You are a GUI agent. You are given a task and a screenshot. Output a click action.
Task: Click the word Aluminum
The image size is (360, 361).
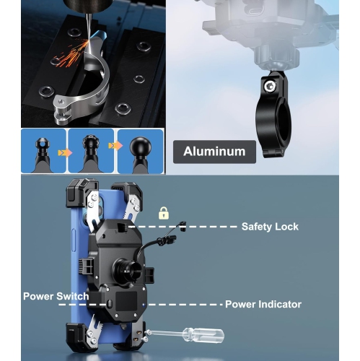pyautogui.click(x=214, y=152)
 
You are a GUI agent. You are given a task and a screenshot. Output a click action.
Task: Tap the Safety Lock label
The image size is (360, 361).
pyautogui.click(x=270, y=227)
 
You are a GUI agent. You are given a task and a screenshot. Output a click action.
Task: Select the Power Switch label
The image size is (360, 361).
pyautogui.click(x=56, y=296)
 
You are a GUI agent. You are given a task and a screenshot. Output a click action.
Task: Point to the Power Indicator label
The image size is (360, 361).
pyautogui.click(x=263, y=305)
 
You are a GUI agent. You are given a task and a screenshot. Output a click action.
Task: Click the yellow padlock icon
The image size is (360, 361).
pyautogui.click(x=164, y=213)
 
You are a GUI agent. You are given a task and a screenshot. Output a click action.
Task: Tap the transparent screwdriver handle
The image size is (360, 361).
pyautogui.click(x=203, y=335)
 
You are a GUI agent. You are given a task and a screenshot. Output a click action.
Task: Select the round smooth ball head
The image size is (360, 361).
pyautogui.click(x=141, y=146)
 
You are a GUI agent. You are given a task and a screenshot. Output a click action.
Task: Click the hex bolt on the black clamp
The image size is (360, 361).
pyautogui.click(x=270, y=86)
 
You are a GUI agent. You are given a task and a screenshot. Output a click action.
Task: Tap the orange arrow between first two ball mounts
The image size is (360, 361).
pyautogui.click(x=65, y=153)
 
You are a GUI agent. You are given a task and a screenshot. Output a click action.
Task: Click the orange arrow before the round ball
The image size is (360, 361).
pyautogui.click(x=115, y=146)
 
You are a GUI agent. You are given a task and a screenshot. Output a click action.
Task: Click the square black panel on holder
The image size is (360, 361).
pyautogui.click(x=126, y=301)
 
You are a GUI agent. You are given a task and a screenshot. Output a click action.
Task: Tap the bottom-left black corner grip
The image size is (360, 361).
pyautogui.click(x=77, y=337)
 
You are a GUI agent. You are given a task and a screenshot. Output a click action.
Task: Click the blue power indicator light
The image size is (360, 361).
pyautogui.click(x=144, y=305)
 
